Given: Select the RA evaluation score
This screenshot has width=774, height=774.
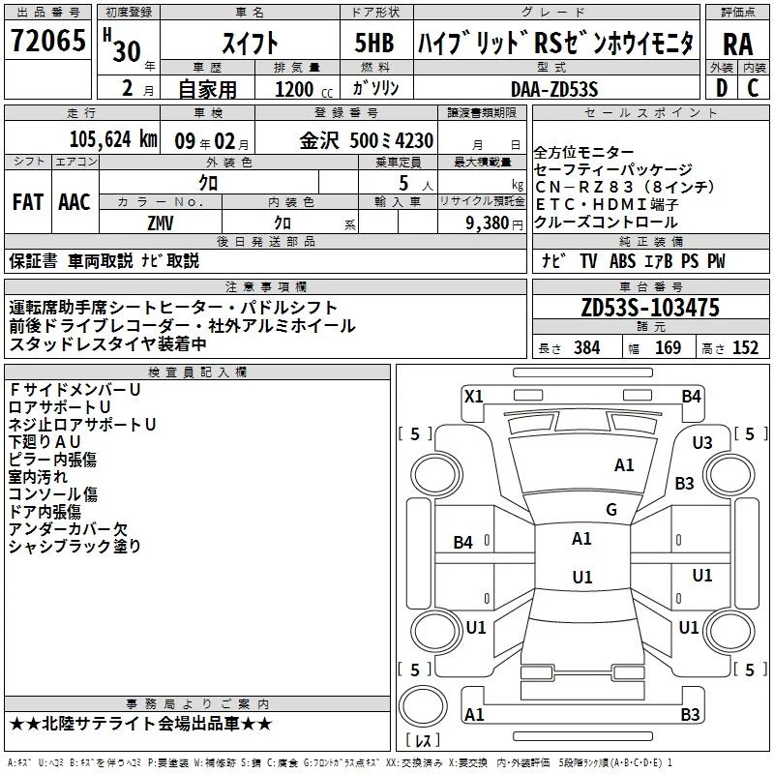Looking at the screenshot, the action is click(x=737, y=44).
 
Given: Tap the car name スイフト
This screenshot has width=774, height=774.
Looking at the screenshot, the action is click(x=250, y=43).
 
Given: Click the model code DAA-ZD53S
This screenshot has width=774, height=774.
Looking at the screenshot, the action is click(x=554, y=88).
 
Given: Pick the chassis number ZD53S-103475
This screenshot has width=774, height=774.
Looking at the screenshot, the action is click(x=650, y=308).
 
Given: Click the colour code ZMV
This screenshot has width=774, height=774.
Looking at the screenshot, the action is click(x=160, y=223).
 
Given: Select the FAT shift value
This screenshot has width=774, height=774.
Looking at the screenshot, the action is click(x=27, y=201).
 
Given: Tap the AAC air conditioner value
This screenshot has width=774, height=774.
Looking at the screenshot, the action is click(x=74, y=201).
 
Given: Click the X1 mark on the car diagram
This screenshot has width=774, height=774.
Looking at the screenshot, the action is click(x=473, y=396).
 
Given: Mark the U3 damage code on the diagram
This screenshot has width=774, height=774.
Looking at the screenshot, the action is click(x=701, y=442).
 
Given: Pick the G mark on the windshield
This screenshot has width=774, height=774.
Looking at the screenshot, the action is click(x=610, y=509).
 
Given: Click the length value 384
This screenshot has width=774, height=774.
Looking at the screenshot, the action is click(x=586, y=347).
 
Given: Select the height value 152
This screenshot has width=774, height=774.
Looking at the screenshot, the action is click(x=745, y=347).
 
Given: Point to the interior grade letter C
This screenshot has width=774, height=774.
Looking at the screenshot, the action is click(x=753, y=88).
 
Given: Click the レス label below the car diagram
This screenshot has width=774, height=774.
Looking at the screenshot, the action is click(x=422, y=741).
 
